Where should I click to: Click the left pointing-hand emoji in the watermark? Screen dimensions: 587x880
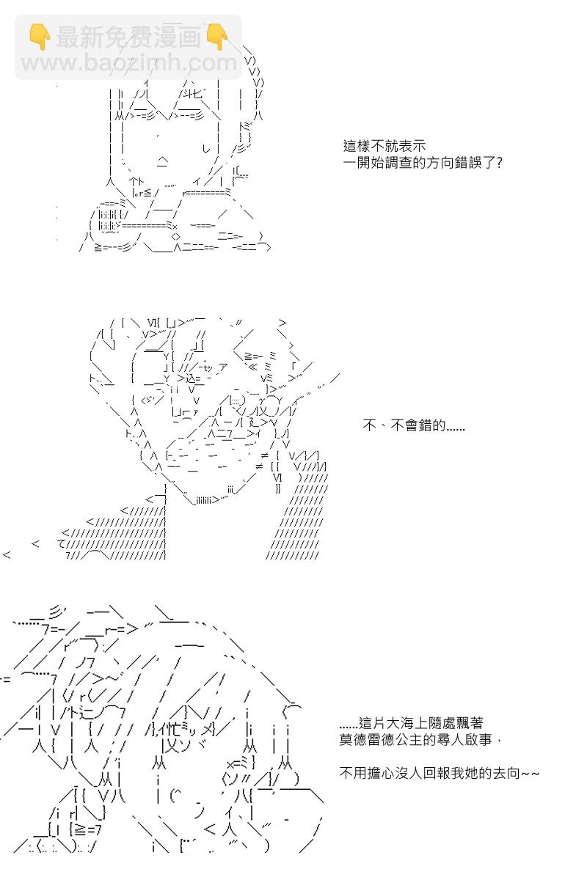[40, 37]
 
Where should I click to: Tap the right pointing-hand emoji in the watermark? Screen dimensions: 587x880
[216, 37]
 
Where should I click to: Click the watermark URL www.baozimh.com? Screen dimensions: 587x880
[129, 62]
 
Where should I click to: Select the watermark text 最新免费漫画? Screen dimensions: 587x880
[128, 37]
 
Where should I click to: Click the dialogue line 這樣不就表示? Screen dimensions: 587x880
[384, 146]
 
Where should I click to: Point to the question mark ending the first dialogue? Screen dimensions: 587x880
[499, 163]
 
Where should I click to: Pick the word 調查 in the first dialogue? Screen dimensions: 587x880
[398, 163]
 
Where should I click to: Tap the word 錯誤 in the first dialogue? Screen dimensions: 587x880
[468, 163]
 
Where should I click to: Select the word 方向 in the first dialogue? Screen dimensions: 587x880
[440, 163]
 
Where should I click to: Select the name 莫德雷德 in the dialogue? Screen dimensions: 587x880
[367, 740]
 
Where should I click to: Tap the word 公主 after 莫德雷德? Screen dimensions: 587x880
[409, 740]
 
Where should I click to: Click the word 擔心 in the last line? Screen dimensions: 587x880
[381, 773]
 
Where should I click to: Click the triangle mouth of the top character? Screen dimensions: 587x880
[162, 161]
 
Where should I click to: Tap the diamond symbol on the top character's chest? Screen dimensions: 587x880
[176, 237]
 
